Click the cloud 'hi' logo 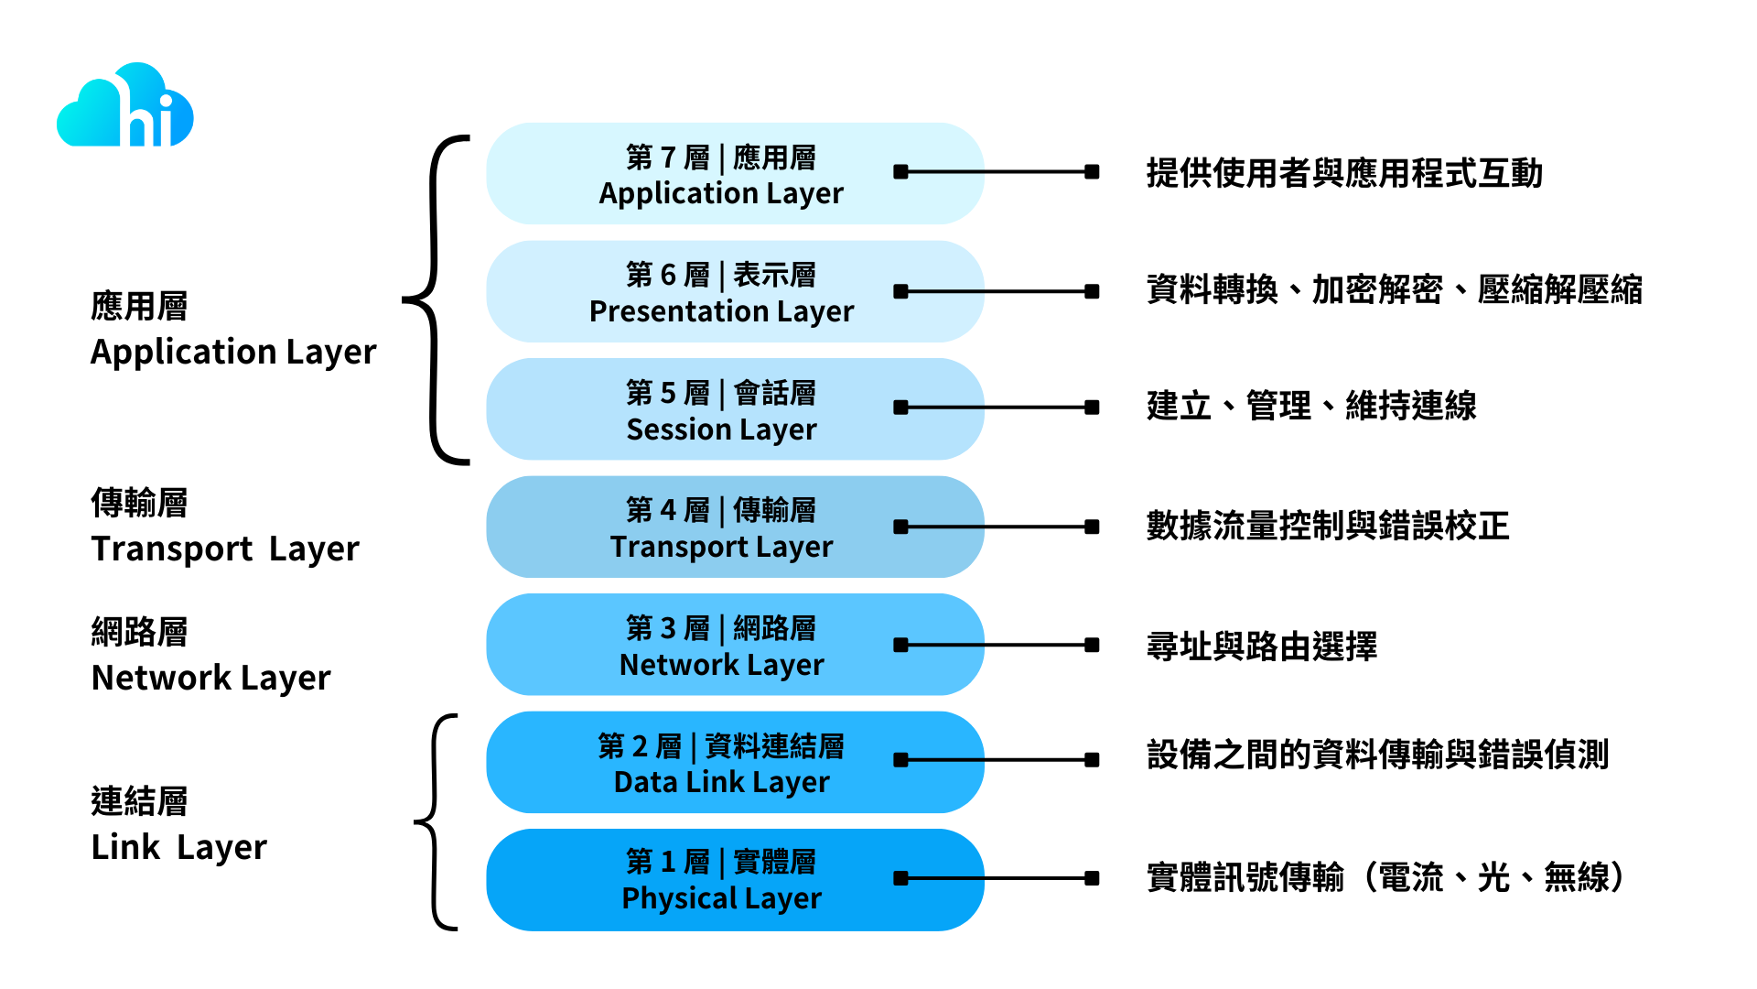[x=125, y=106]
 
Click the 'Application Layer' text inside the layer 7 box [x=721, y=193]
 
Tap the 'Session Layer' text [x=721, y=429]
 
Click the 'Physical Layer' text [x=721, y=898]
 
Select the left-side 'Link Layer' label [x=179, y=847]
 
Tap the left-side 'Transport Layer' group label [x=224, y=549]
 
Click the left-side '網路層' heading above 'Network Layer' [x=139, y=632]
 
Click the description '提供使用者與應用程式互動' [x=1343, y=173]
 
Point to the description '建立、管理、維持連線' [x=1310, y=406]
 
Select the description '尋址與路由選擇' [x=1261, y=647]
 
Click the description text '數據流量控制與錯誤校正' [x=1327, y=526]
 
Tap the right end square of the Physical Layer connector [x=1092, y=878]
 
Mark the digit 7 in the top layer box [x=668, y=158]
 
